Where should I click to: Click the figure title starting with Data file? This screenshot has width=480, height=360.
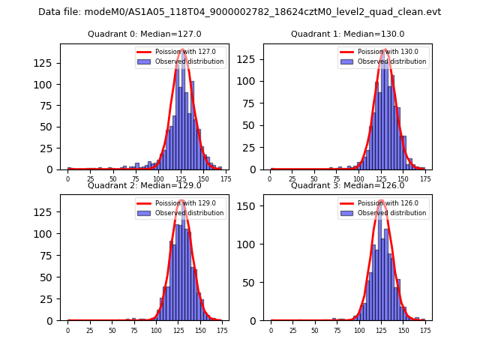tap(239, 12)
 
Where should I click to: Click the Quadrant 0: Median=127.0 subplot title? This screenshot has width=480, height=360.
tap(144, 34)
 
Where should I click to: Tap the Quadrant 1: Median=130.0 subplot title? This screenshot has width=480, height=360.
tap(347, 34)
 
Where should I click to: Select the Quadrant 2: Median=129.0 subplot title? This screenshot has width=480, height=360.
tap(144, 185)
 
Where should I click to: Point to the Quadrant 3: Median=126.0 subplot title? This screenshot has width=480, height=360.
tap(347, 185)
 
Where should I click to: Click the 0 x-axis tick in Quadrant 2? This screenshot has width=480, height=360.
tap(67, 330)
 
